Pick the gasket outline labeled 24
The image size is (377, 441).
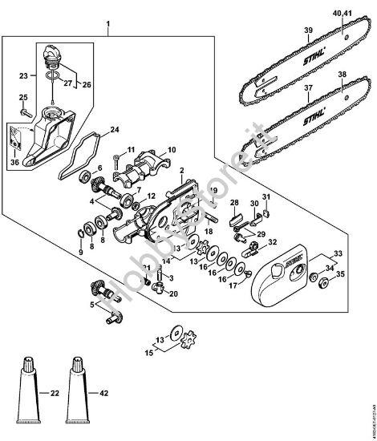(79, 148)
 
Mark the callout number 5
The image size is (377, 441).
(93, 305)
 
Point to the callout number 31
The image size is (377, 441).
(266, 198)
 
